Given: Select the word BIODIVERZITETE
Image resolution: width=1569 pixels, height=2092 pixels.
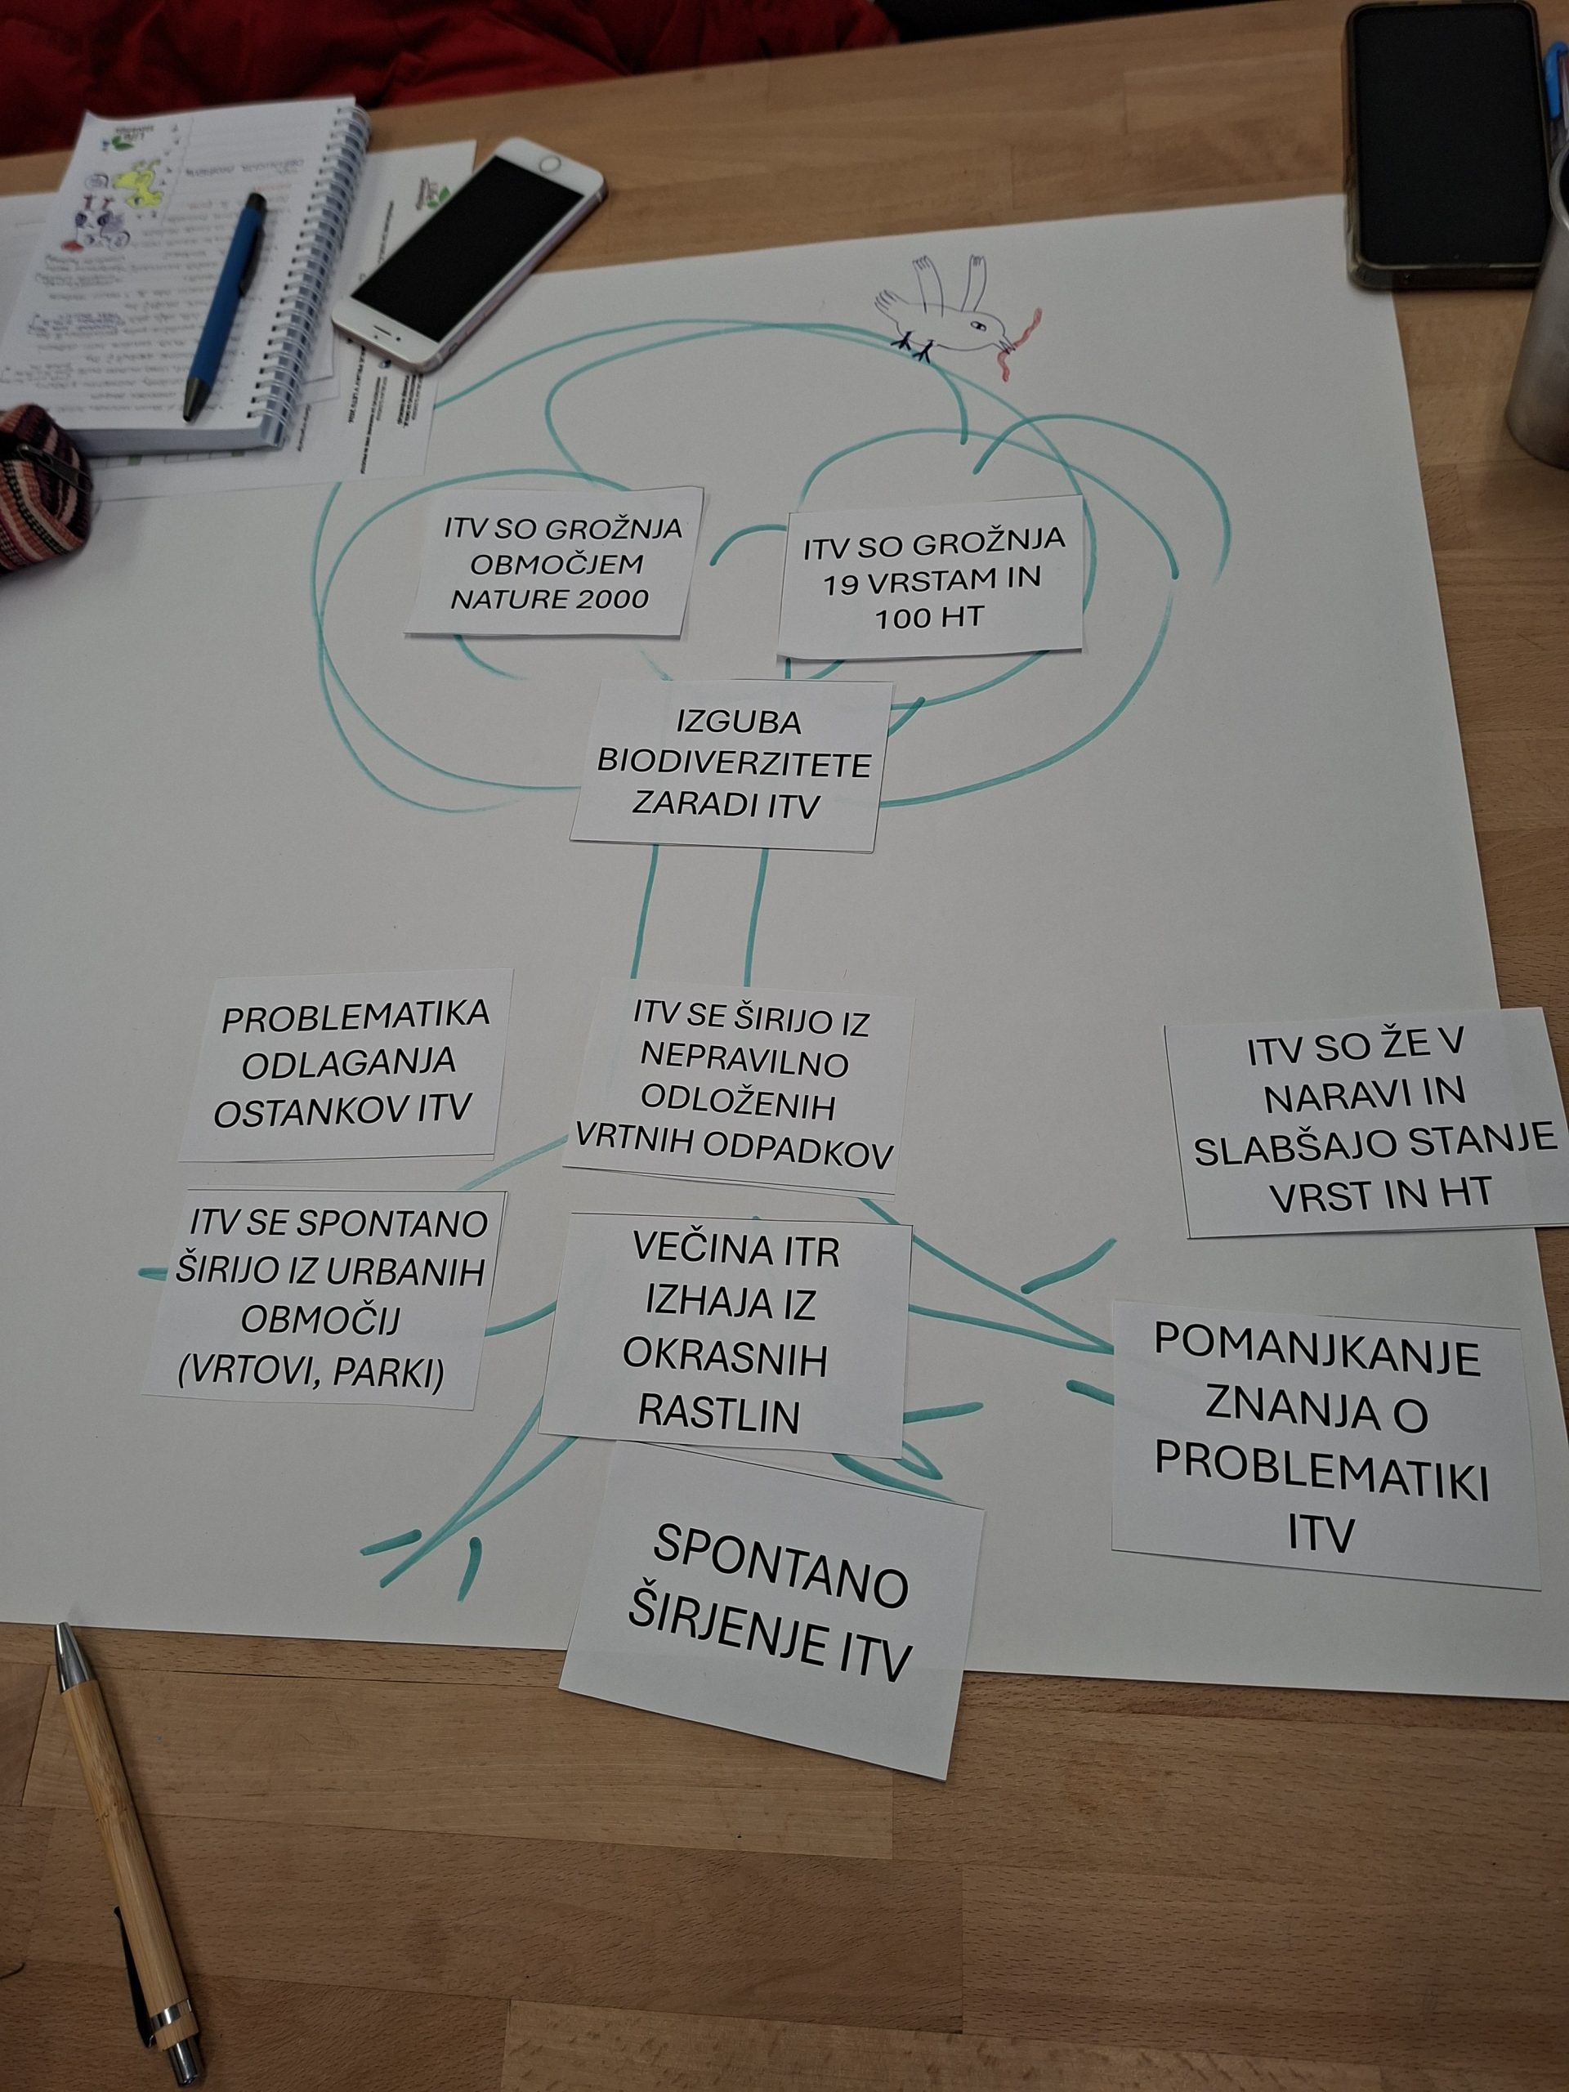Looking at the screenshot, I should pyautogui.click(x=734, y=764).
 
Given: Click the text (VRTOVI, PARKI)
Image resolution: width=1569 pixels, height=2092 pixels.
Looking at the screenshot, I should pyautogui.click(x=311, y=1372).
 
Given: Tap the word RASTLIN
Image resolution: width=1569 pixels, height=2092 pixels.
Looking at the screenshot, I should pyautogui.click(x=719, y=1414).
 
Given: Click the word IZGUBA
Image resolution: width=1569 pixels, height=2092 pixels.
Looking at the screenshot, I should pyautogui.click(x=739, y=722).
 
